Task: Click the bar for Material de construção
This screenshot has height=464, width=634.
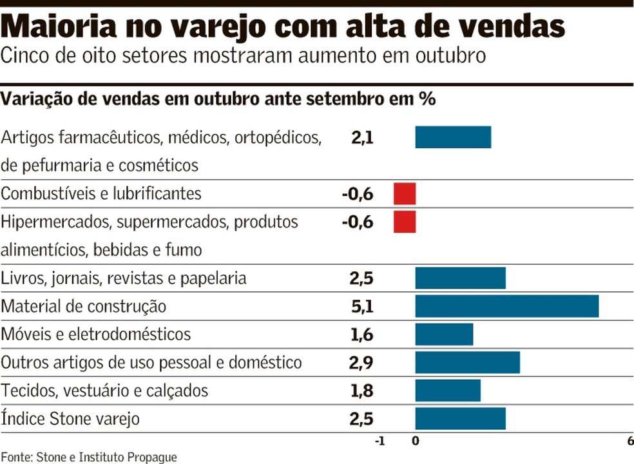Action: pos(506,306)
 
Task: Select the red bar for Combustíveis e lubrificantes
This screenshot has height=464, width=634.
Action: pos(405,193)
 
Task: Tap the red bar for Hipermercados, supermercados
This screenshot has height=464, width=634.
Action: pos(405,222)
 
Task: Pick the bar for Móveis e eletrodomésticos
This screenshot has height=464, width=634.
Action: pos(444,334)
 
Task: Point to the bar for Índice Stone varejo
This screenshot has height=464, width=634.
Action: pos(460,419)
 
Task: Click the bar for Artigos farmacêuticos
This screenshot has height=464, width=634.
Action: pos(453,137)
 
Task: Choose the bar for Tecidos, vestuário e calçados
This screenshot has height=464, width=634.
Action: pos(448,391)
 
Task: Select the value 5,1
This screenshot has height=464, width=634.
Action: pos(362,307)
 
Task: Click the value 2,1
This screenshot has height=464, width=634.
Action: pos(362,137)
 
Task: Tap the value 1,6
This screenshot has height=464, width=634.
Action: pos(362,334)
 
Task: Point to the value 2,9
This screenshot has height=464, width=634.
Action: pos(362,363)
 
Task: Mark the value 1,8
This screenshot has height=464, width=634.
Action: pos(362,391)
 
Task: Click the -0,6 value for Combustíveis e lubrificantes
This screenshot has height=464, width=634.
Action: pos(358,193)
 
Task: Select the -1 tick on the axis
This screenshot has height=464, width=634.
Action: pos(379,441)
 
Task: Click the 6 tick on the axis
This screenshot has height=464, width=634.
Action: pos(629,441)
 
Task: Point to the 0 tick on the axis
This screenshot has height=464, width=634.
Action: pos(416,441)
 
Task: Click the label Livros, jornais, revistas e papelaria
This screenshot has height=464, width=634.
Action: pos(124,278)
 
